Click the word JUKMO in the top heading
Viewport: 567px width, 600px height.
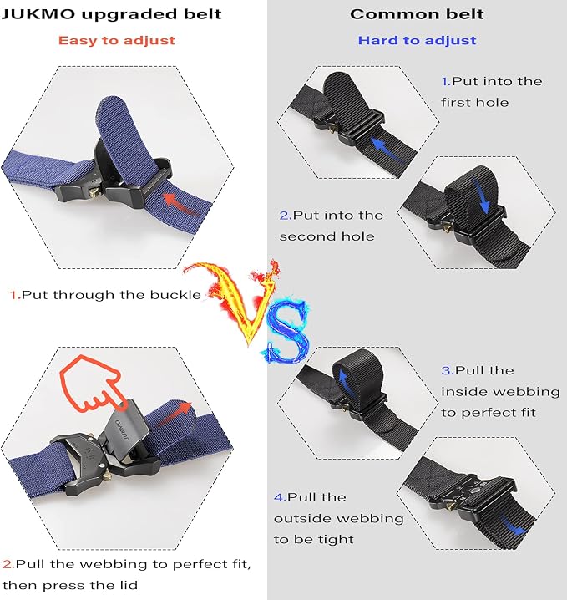[x=38, y=14]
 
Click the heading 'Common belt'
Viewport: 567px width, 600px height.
[x=417, y=14]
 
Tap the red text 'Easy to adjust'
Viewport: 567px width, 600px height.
[x=117, y=41]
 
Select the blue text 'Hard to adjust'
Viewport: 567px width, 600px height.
[x=418, y=41]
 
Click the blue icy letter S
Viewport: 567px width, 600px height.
[x=286, y=333]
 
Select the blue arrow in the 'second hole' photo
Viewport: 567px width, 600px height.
[x=481, y=195]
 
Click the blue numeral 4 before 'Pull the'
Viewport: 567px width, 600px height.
[x=280, y=497]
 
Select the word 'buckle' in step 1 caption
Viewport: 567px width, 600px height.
[x=175, y=295]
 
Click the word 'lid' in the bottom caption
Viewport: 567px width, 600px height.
[x=129, y=585]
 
